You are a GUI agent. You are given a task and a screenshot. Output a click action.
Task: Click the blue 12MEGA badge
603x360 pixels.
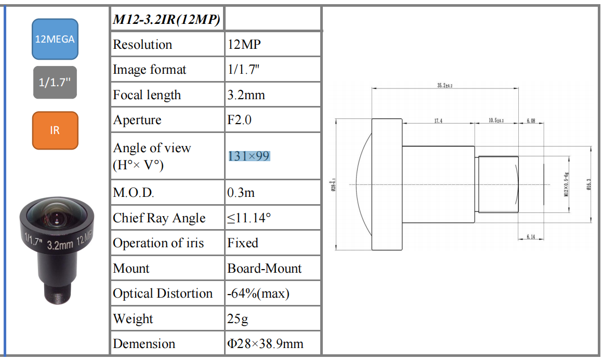[x=55, y=39]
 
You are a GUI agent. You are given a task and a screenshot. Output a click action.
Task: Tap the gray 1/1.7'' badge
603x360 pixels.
[x=55, y=83]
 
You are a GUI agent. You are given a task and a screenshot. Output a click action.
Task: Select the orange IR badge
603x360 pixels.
[x=55, y=130]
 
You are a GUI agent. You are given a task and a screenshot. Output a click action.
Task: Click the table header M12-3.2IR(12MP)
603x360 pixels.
[x=167, y=20]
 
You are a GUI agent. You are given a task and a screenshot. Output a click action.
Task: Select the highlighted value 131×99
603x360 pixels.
[x=249, y=156]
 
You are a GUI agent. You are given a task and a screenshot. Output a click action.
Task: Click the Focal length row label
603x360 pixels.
[x=147, y=95]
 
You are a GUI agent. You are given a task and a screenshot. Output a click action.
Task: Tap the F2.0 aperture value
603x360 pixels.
[x=240, y=120]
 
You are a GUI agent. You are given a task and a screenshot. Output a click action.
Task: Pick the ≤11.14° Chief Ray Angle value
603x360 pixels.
[x=249, y=218]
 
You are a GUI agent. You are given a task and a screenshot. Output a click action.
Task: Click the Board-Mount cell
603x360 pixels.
[x=265, y=269]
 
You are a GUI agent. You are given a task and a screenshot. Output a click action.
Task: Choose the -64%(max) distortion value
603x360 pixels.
[x=258, y=294]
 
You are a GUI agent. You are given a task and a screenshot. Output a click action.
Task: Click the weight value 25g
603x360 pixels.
[x=238, y=318]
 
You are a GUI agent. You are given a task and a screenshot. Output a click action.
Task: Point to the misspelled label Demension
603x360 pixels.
[x=144, y=344]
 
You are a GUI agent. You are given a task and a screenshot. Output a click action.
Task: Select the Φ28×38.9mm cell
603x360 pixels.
[x=265, y=344]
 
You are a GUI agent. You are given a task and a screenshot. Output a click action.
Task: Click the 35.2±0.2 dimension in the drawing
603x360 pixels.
[x=445, y=85]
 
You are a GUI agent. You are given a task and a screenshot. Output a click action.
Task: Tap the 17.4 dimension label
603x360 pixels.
[x=438, y=121]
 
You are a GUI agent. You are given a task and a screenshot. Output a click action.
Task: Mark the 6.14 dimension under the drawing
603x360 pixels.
[x=531, y=237]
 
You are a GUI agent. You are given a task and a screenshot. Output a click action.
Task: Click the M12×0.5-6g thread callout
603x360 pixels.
[x=567, y=184]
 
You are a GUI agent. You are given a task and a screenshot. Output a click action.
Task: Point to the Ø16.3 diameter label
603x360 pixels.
[x=589, y=184]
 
